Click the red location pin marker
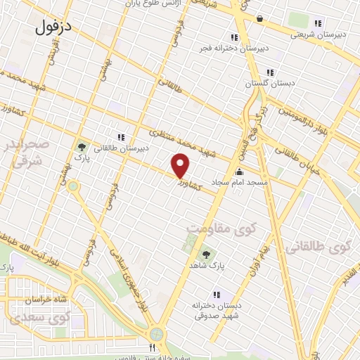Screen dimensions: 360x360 [x=181, y=166]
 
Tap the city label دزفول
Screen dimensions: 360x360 [x=53, y=27]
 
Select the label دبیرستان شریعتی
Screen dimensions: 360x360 [x=318, y=32]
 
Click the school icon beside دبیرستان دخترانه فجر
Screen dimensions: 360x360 [x=233, y=37]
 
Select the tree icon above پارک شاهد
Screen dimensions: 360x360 [x=206, y=255]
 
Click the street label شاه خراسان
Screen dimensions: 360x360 [x=29, y=300]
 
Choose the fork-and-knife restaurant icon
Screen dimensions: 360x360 [x=151, y=347]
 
